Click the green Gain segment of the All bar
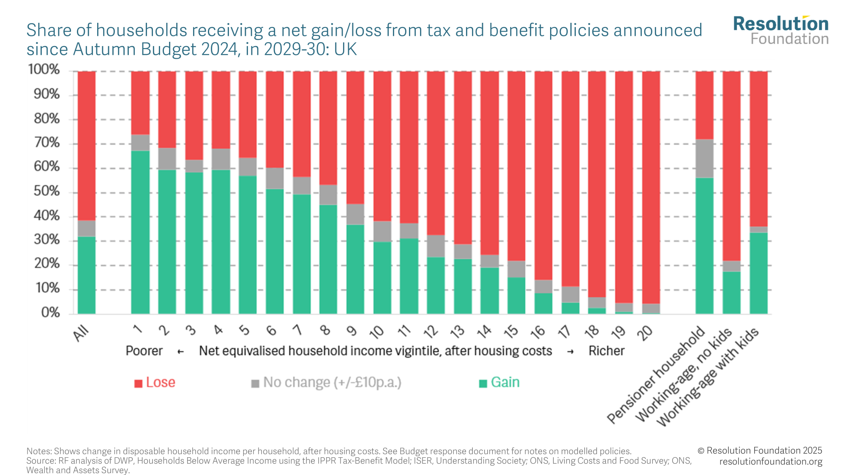(x=87, y=275)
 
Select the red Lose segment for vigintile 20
(x=651, y=186)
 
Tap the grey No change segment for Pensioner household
(x=704, y=158)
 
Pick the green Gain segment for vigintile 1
(x=140, y=232)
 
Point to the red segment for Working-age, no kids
(x=731, y=165)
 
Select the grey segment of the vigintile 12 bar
(x=436, y=246)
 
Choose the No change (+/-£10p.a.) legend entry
(x=326, y=383)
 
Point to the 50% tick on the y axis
(x=47, y=192)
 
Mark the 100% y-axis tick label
(x=44, y=70)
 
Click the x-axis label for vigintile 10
(x=376, y=332)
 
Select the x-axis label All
(x=81, y=333)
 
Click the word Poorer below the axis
(x=144, y=351)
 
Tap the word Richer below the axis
(x=606, y=351)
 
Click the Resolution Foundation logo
(x=781, y=30)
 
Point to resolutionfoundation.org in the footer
(x=771, y=461)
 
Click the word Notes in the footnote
(x=39, y=451)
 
